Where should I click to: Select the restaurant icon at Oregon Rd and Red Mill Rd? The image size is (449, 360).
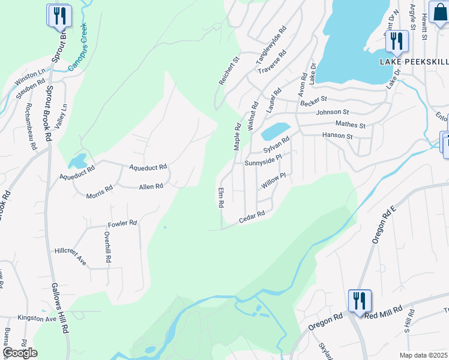point(360,299)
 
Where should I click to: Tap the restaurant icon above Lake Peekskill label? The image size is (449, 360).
point(396,40)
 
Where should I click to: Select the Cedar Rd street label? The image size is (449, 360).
point(252,216)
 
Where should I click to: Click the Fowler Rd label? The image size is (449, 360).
point(122,223)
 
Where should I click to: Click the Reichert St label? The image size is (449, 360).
point(229,71)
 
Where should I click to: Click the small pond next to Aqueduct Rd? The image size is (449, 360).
point(77,161)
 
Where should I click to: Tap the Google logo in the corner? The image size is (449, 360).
point(20,353)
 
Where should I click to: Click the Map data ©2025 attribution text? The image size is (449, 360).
point(423,355)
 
